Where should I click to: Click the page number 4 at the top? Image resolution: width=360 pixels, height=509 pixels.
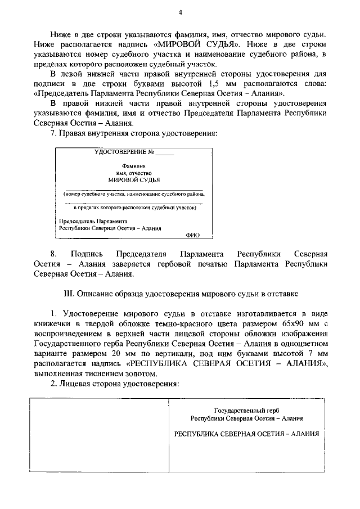tap(180, 12)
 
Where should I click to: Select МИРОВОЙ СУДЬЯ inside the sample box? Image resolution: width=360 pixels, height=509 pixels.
tap(134, 181)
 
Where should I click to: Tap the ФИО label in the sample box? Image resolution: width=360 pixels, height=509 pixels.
tap(192, 235)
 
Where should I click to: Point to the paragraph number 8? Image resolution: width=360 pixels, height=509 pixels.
tap(54, 254)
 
